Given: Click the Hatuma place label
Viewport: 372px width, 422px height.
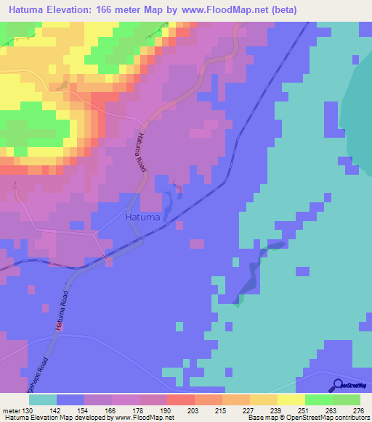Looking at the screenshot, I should (139, 215).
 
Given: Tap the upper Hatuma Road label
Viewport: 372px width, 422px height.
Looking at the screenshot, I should (140, 152).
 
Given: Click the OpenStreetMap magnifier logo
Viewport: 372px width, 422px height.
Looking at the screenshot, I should (339, 385).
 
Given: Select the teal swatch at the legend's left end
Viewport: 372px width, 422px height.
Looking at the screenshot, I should (43, 400).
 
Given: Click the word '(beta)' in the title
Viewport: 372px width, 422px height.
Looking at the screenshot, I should (347, 9).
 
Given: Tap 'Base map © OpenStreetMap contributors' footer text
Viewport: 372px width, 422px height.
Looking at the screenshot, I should (306, 418).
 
